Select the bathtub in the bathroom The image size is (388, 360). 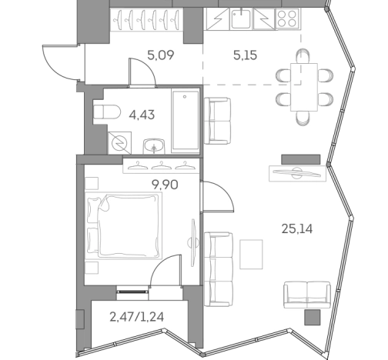point(185,122)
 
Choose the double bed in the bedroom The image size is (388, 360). point(123,224)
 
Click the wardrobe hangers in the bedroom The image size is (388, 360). point(159,164)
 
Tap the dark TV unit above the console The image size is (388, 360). point(300,158)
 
